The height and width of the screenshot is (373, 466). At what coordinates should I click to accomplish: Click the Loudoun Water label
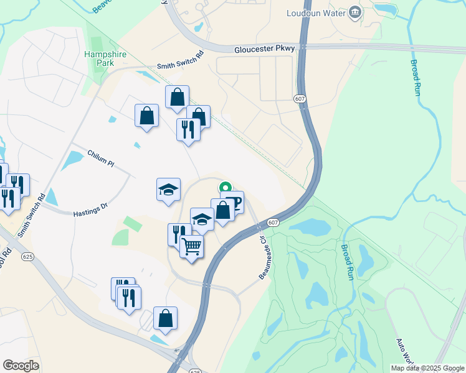pyautogui.click(x=315, y=12)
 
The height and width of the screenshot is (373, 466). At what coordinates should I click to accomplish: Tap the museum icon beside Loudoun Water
pyautogui.click(x=354, y=12)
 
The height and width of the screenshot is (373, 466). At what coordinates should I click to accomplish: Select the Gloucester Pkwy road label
pyautogui.click(x=264, y=48)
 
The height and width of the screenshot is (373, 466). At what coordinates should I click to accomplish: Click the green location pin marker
pyautogui.click(x=225, y=186)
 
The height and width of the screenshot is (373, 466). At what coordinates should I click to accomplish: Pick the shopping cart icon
pyautogui.click(x=192, y=247)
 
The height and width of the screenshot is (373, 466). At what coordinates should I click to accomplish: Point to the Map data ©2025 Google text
pyautogui.click(x=427, y=368)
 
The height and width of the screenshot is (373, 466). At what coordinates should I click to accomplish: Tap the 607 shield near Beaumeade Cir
pyautogui.click(x=273, y=223)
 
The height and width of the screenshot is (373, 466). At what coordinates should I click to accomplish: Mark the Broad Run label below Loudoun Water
pyautogui.click(x=415, y=77)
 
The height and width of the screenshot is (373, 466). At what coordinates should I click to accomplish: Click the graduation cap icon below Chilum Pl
pyautogui.click(x=168, y=189)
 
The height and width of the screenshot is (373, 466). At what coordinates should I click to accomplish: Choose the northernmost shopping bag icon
pyautogui.click(x=177, y=97)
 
